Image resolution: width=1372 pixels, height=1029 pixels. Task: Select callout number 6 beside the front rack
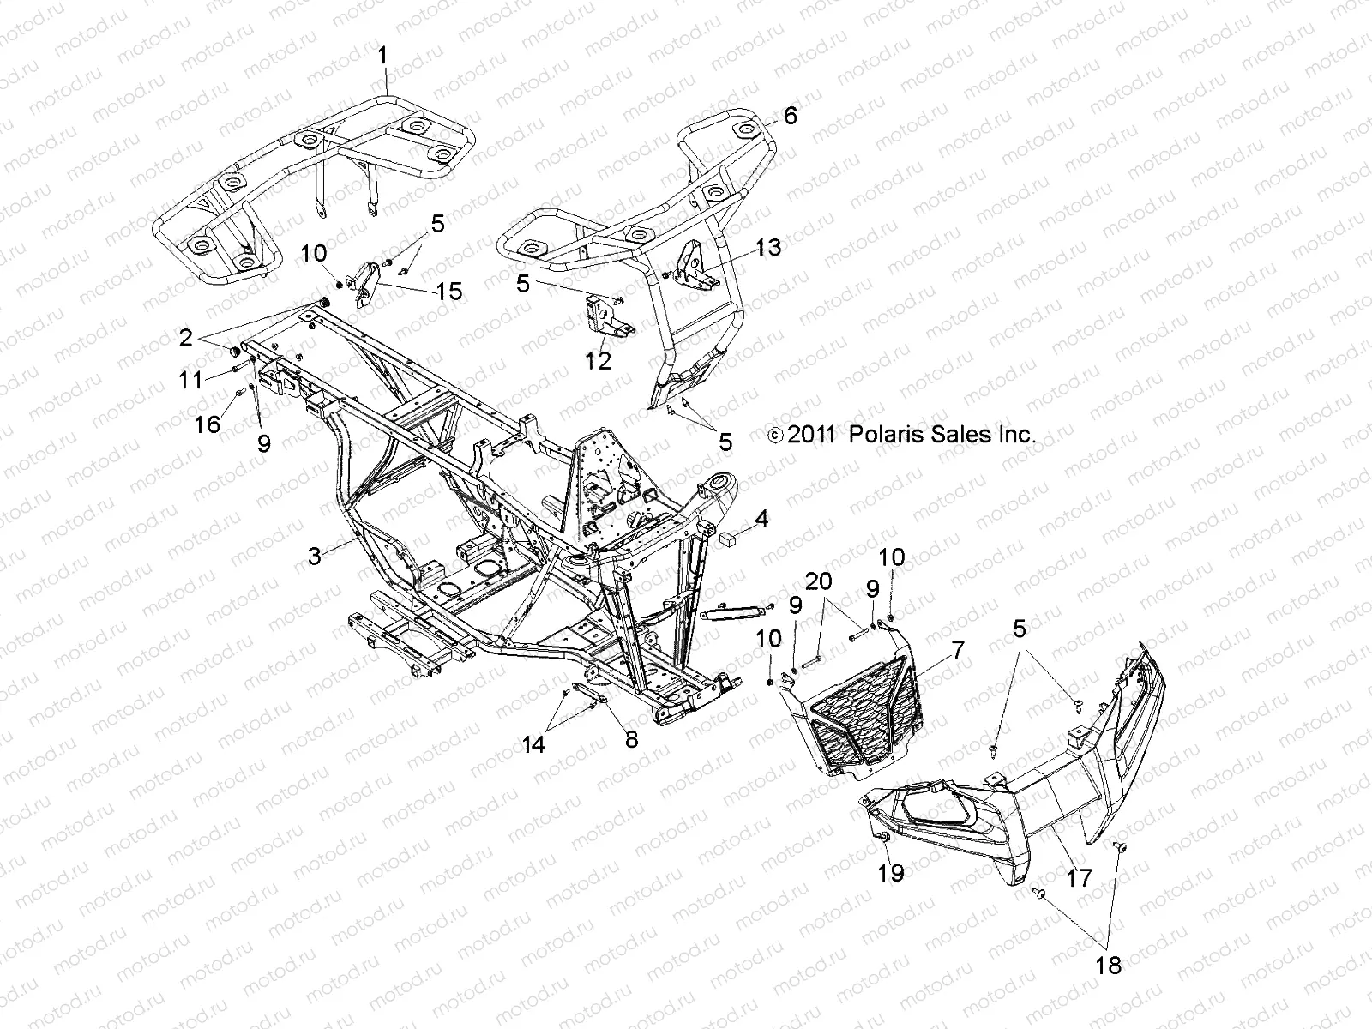coord(789,115)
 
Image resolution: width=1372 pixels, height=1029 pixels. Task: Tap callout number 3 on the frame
coord(315,556)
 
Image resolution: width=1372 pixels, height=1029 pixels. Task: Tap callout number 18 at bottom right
coord(1108,966)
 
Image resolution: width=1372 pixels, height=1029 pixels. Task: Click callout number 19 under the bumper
coord(891,873)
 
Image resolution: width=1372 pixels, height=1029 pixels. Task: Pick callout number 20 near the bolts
coord(818,581)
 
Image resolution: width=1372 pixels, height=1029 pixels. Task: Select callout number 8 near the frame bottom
coord(632,739)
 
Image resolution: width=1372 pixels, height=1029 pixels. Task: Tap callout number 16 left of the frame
coord(208,424)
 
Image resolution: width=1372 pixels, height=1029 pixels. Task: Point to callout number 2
coord(186,337)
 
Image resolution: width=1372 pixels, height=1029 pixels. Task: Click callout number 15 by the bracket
coord(448,292)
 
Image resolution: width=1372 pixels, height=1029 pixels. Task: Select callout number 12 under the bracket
coord(598,360)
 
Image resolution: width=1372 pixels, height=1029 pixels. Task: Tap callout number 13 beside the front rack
coord(768,248)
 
